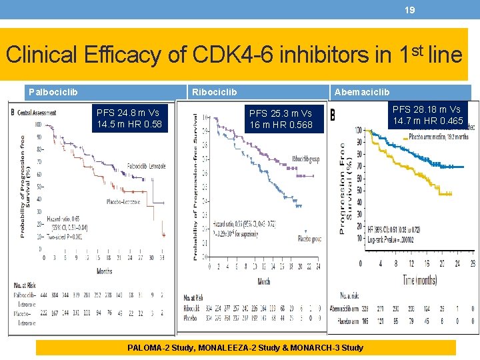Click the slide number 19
point(410,10)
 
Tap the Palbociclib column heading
point(52,92)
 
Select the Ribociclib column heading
point(214,92)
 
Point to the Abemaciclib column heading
point(362,92)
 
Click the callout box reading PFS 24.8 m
point(129,119)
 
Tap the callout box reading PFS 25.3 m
point(281,119)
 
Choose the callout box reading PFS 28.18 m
point(427,115)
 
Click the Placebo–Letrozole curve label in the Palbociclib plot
point(123,201)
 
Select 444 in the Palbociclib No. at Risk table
point(45,293)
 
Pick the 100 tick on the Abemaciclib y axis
point(358,129)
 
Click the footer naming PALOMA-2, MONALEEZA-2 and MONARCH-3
point(246,347)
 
